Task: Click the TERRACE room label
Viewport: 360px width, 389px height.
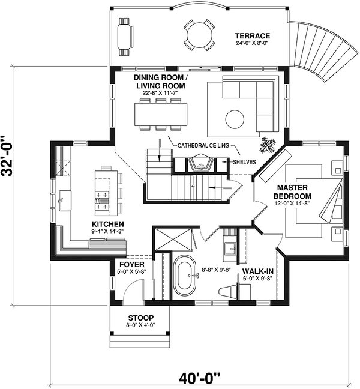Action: point(253,36)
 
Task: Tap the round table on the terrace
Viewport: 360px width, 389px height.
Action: point(199,35)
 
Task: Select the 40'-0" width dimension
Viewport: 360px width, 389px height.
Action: point(200,378)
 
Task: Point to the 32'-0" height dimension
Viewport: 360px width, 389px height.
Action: point(7,156)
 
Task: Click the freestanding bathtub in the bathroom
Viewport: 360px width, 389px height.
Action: point(185,276)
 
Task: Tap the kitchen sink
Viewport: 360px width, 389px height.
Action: point(65,201)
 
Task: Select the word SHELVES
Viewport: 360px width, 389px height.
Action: point(244,162)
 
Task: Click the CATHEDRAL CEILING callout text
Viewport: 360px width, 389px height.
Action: point(203,145)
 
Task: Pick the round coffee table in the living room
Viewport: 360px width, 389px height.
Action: point(235,119)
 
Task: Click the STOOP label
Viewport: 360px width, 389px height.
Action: point(141,318)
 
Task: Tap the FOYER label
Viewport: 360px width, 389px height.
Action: point(132,265)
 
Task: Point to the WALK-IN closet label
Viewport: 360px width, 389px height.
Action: point(258,271)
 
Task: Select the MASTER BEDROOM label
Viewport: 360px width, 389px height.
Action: point(292,191)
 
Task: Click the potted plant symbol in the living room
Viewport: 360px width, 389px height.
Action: point(268,145)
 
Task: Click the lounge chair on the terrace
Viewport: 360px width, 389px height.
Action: point(125,37)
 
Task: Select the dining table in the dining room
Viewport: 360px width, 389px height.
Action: point(161,115)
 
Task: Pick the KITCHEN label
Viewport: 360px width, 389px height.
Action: point(108,224)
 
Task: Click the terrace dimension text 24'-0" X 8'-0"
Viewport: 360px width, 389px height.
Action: point(253,43)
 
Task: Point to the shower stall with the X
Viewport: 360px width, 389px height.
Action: point(173,239)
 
